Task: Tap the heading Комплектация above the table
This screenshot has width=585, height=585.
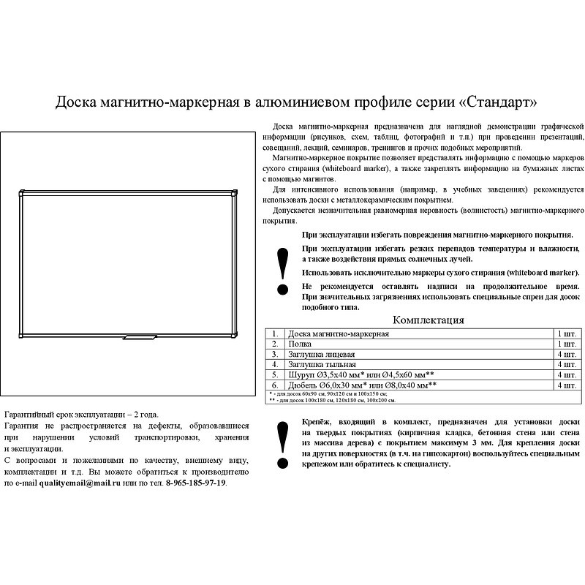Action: [429, 320]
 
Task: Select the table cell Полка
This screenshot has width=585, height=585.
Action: [300, 343]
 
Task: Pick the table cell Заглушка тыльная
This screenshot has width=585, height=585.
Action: [322, 363]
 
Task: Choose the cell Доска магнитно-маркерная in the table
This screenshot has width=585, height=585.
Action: [338, 333]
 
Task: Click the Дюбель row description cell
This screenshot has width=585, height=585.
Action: [363, 384]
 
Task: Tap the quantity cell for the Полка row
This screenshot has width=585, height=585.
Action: [565, 343]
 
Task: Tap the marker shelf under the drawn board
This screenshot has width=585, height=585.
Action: [140, 338]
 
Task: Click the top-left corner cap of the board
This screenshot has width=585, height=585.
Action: [21, 195]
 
